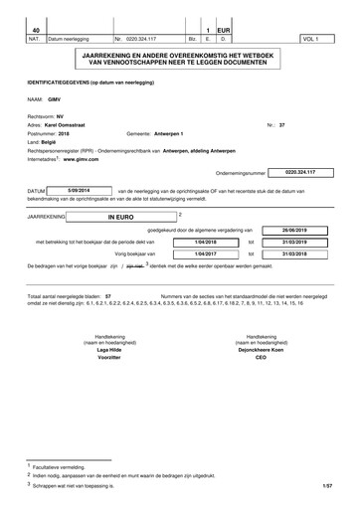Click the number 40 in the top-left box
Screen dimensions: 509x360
pyautogui.click(x=37, y=30)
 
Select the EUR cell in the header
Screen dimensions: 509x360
pyautogui.click(x=225, y=30)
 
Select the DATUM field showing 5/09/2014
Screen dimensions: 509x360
pyautogui.click(x=79, y=188)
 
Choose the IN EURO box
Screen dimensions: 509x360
pyautogui.click(x=121, y=214)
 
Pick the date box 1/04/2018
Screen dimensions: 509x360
pyautogui.click(x=205, y=240)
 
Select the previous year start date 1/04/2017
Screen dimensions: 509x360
pyautogui.click(x=205, y=254)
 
